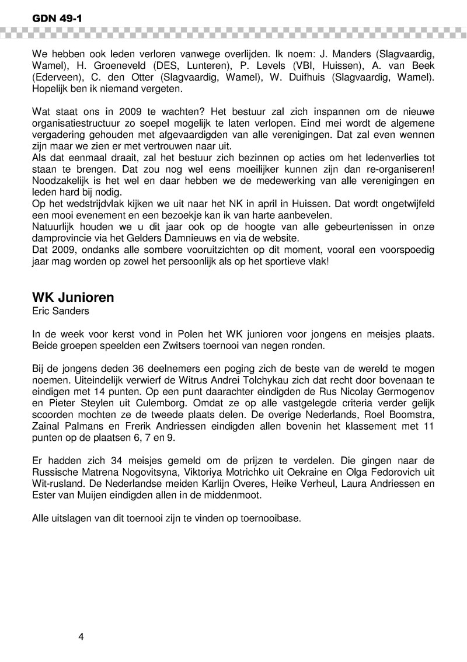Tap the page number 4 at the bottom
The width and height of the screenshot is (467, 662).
pyautogui.click(x=81, y=636)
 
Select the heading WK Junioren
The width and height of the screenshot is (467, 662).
pyautogui.click(x=73, y=298)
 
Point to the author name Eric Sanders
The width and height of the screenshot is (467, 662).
pyautogui.click(x=61, y=311)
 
